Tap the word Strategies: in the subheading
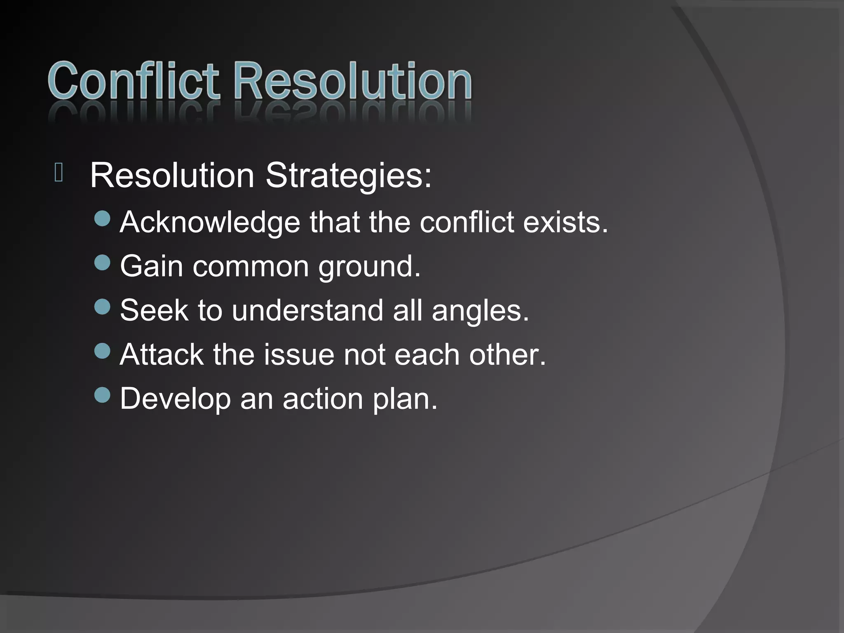tap(348, 176)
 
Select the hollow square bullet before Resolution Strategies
tap(59, 172)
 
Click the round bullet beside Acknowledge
tap(102, 219)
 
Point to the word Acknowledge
tap(210, 223)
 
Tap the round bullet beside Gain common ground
tap(102, 263)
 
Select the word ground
tap(369, 267)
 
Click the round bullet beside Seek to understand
tap(102, 307)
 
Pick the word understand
tap(307, 311)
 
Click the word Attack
tap(162, 355)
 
